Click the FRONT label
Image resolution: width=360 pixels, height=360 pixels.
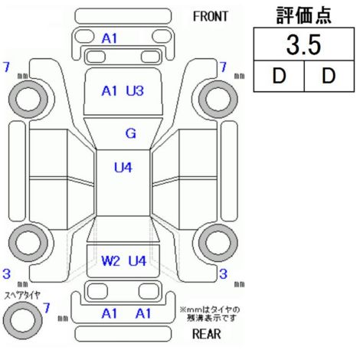[211, 17]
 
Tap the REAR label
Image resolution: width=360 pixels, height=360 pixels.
[207, 334]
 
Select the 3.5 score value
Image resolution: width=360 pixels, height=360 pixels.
[303, 44]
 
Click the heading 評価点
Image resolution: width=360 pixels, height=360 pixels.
[304, 15]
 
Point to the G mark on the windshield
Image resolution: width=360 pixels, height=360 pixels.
[131, 133]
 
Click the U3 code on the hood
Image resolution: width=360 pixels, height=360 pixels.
[135, 91]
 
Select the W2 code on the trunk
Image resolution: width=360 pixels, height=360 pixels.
[110, 261]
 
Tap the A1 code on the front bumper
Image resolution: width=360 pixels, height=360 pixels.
[110, 39]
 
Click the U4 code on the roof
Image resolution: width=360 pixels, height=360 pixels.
[123, 168]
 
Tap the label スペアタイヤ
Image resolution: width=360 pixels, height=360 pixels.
[22, 295]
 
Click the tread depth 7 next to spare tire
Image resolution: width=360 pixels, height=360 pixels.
[46, 308]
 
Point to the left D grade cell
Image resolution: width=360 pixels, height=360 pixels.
[279, 76]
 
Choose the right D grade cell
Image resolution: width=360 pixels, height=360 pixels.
[329, 76]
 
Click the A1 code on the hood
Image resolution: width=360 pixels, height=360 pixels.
[110, 91]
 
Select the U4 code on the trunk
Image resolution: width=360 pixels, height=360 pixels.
[137, 261]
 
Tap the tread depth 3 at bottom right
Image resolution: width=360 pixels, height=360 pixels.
[223, 274]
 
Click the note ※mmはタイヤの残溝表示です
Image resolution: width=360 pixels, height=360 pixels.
[210, 314]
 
